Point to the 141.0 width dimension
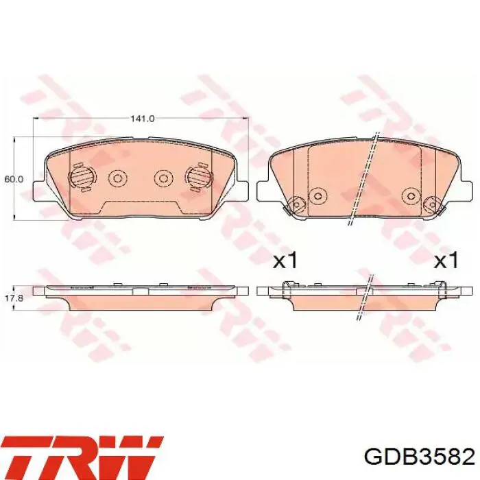142,119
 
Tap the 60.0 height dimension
14,179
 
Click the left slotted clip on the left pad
82,178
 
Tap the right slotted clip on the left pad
197,178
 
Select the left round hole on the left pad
117,179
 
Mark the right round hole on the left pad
163,179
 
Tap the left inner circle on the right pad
317,195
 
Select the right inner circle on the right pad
410,195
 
